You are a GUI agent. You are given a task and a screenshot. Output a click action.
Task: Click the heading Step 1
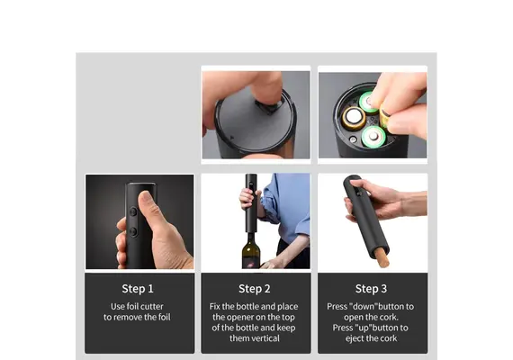(x=138, y=289)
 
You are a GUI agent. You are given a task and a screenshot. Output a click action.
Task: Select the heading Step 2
(x=254, y=289)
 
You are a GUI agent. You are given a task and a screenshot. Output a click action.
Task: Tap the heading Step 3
(x=371, y=289)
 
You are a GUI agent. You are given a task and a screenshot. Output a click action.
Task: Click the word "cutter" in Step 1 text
(x=151, y=307)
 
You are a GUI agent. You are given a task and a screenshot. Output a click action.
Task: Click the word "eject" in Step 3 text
(x=355, y=338)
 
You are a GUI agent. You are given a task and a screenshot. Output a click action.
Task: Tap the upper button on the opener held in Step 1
(x=133, y=211)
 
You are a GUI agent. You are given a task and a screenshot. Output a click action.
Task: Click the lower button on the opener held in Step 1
(x=133, y=231)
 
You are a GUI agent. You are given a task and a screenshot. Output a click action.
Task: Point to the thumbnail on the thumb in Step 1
(x=146, y=199)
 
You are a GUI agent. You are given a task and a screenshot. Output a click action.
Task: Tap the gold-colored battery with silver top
(x=354, y=119)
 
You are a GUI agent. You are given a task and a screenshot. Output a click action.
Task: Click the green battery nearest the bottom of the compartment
(x=373, y=136)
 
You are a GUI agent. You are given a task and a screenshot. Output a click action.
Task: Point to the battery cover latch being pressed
(x=269, y=106)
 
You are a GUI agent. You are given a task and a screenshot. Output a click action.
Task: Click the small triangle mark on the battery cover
(x=232, y=138)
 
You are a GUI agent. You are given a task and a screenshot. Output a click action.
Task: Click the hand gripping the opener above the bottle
(x=247, y=199)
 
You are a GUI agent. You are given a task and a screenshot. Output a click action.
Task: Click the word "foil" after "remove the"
(x=163, y=317)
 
